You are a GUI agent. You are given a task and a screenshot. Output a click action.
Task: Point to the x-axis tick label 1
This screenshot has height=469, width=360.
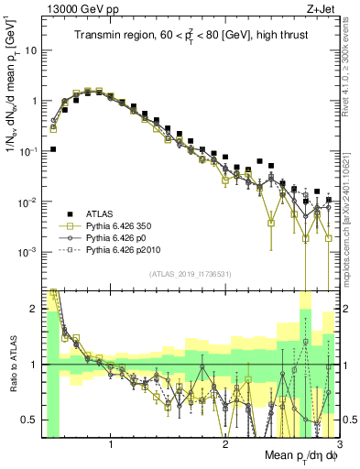tap(111, 440)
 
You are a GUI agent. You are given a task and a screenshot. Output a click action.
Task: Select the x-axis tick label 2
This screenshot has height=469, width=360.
tap(225, 440)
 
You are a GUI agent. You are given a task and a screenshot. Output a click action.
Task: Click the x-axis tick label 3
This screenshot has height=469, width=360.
tap(337, 440)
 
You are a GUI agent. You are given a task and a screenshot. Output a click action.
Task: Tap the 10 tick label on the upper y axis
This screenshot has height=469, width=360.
tap(34, 50)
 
